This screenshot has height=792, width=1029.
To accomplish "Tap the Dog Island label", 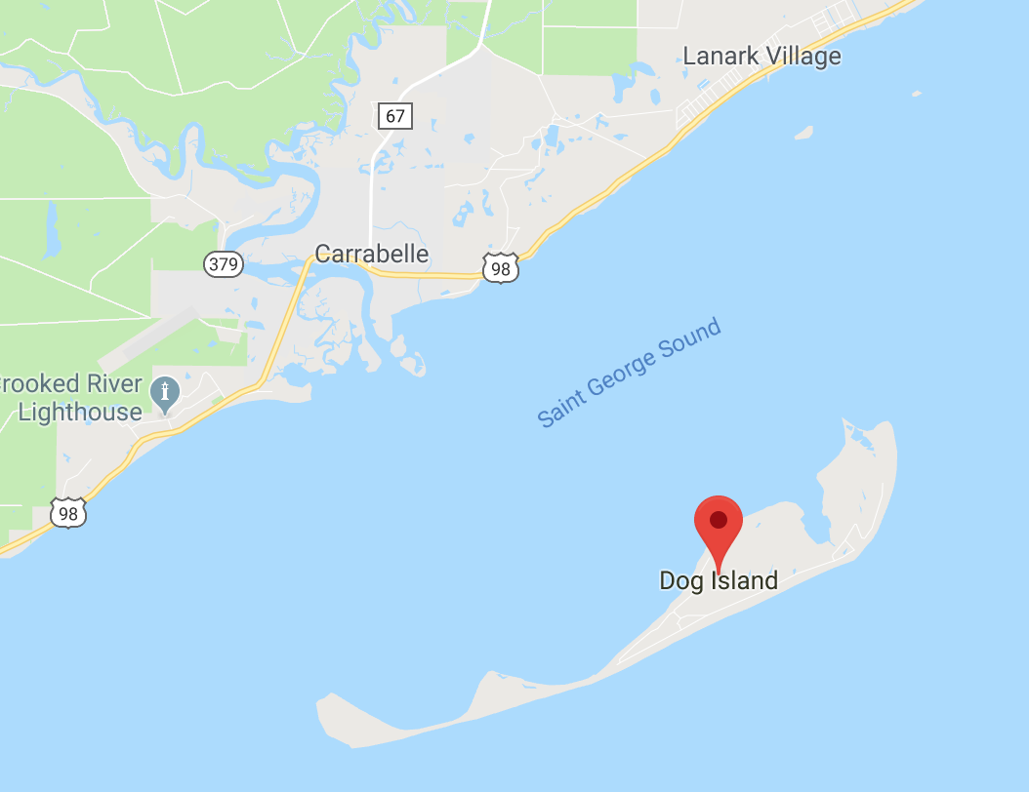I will [719, 581].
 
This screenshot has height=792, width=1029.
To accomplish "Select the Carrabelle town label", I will [372, 254].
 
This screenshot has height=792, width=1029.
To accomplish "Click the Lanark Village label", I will [761, 56].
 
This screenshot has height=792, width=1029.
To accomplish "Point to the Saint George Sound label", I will [630, 373].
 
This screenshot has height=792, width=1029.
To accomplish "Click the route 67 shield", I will [394, 116].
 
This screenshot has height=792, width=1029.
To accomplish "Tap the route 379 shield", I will [224, 263].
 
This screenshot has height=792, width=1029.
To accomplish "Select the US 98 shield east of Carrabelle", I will [500, 267].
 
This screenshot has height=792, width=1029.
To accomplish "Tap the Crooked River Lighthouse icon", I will [166, 393].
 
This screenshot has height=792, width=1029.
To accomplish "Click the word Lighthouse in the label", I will [80, 412].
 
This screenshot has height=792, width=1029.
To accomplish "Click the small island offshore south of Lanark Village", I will [803, 132].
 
